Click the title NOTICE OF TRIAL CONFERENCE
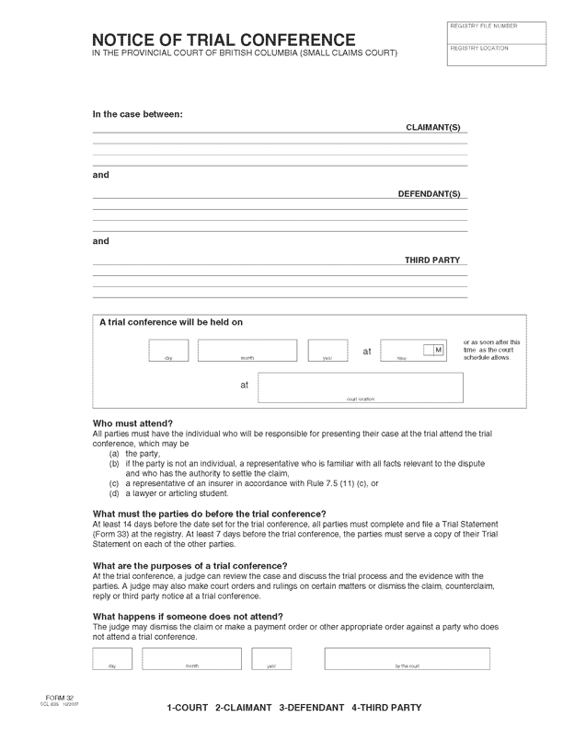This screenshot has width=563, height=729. [x=224, y=40]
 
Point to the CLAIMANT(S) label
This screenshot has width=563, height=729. [x=432, y=127]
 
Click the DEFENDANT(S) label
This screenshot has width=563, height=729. [x=429, y=193]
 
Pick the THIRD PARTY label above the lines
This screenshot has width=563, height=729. [x=432, y=260]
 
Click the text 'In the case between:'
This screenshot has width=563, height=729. [x=138, y=114]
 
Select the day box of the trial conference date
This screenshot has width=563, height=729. [x=168, y=351]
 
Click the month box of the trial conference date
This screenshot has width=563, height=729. [x=247, y=351]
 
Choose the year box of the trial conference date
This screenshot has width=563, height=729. [x=327, y=351]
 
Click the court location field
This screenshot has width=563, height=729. [x=360, y=388]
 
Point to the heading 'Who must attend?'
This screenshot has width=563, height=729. [x=132, y=423]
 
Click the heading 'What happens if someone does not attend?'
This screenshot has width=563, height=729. [x=188, y=616]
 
